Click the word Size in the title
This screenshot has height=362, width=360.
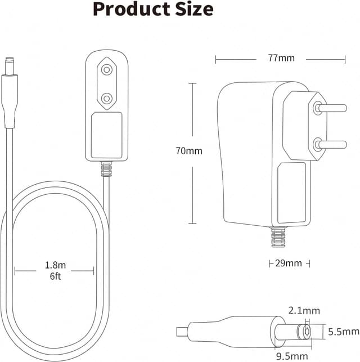[191, 9]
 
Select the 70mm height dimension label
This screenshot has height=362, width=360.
[188, 151]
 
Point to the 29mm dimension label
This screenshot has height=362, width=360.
[288, 263]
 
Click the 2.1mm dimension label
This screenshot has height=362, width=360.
[304, 310]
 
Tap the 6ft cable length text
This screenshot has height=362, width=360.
[54, 276]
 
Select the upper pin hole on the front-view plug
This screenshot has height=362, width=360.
[105, 70]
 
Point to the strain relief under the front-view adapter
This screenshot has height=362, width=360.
[105, 168]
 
